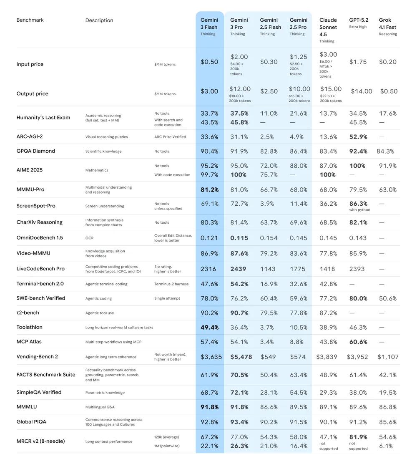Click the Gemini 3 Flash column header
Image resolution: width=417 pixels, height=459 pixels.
209,27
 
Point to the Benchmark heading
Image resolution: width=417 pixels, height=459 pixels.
30,20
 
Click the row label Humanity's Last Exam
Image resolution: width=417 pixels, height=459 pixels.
43,117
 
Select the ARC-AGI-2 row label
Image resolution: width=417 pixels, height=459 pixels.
30,136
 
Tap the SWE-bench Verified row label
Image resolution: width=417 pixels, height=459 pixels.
41,298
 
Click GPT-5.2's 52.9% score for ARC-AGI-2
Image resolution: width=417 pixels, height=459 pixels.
358,136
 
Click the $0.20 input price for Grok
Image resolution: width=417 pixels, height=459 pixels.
388,62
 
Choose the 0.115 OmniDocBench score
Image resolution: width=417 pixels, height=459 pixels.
239,238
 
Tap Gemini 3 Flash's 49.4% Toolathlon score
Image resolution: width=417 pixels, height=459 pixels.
209,328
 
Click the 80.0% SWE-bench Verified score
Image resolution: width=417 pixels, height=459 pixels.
358,298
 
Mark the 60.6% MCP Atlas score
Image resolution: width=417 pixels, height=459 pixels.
358,342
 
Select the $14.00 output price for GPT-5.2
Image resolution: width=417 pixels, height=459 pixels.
361,91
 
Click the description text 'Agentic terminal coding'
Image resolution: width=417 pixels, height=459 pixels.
106,284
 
